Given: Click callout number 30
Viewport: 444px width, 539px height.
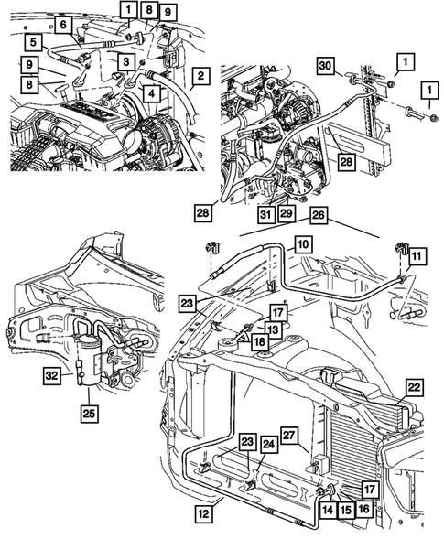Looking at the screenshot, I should point(326,65).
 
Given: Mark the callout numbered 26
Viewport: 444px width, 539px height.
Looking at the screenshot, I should point(318,216).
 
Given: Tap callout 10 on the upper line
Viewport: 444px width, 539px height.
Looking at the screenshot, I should point(303,244).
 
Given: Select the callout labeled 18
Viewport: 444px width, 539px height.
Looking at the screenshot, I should point(262,341).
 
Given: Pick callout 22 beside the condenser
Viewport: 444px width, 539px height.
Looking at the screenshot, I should point(414,388).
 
